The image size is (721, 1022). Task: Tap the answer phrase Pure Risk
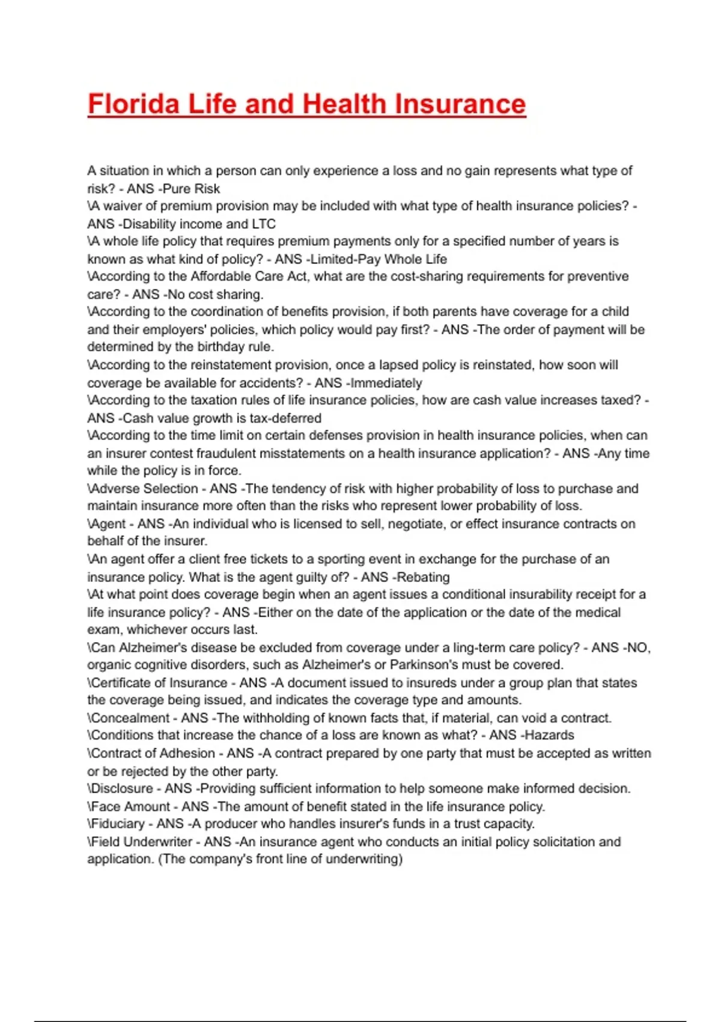click(191, 189)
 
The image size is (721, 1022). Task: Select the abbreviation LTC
click(264, 224)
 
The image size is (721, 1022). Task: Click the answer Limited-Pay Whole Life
click(378, 259)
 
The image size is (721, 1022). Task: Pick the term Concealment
click(130, 718)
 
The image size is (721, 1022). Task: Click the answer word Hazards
click(549, 735)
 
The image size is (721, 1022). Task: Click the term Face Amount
click(130, 806)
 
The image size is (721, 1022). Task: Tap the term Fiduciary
click(117, 824)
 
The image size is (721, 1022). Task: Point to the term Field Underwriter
click(142, 842)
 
